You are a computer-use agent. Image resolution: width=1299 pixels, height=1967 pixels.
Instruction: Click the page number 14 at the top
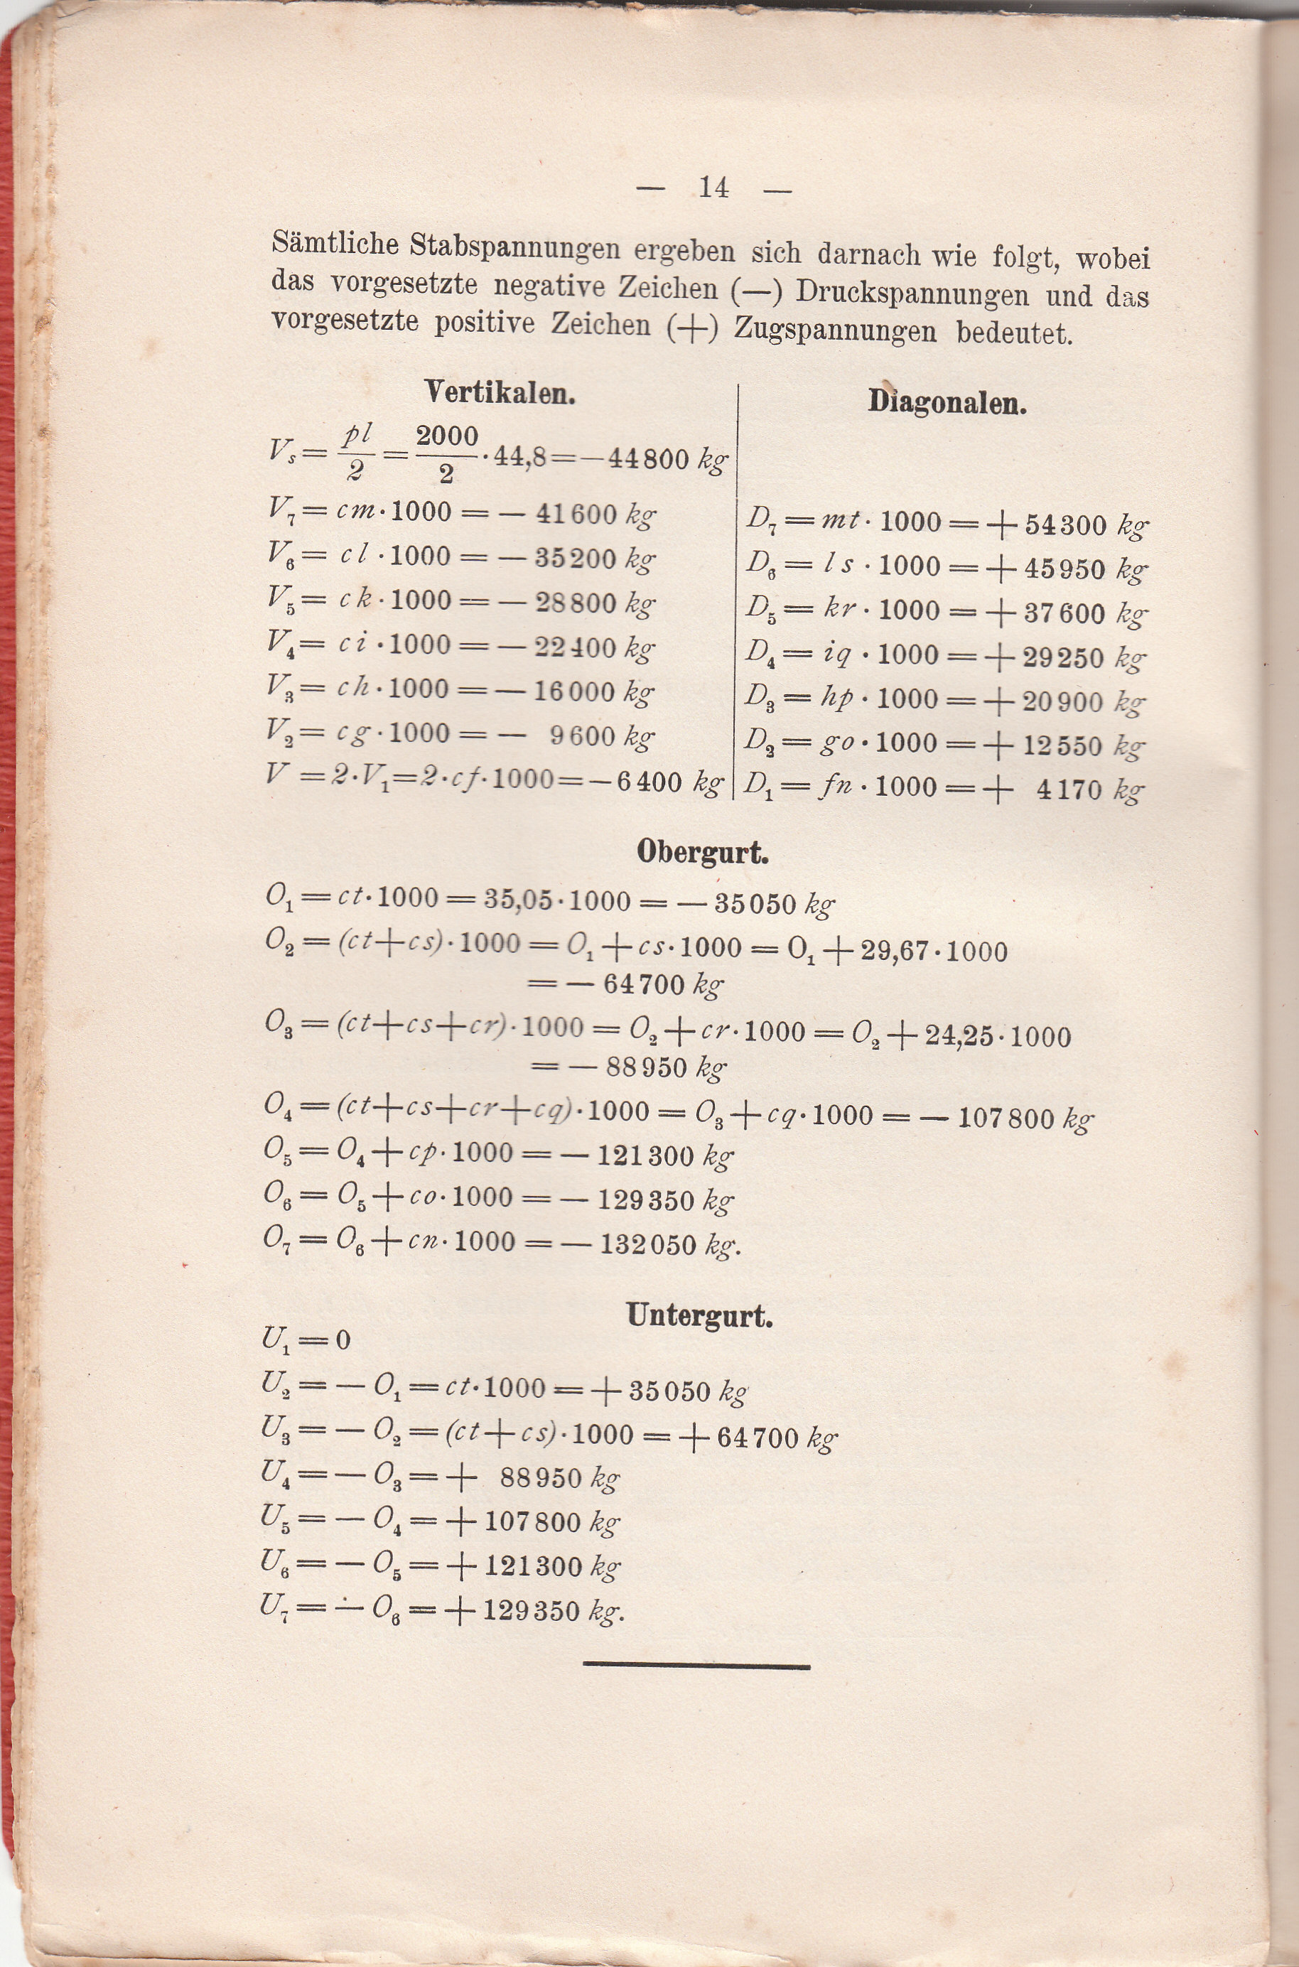click(x=713, y=188)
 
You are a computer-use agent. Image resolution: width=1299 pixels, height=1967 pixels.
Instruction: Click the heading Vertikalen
click(x=500, y=392)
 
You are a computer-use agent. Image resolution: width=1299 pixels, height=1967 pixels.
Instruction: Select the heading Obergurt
click(x=703, y=853)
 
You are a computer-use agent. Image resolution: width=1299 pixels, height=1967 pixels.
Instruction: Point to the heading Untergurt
click(x=699, y=1315)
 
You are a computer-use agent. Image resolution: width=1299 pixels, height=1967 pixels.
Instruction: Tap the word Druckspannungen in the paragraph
click(x=912, y=293)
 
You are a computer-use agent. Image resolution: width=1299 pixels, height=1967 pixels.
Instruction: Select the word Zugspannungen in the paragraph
click(x=835, y=330)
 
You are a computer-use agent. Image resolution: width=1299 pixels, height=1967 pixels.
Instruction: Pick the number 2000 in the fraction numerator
click(x=448, y=436)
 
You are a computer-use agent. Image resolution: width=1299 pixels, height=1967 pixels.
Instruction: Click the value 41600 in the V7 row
click(x=576, y=515)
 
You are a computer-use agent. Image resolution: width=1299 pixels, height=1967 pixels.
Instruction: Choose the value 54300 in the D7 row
click(x=1065, y=524)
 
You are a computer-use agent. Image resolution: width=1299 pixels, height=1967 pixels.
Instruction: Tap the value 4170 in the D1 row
click(x=1069, y=789)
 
